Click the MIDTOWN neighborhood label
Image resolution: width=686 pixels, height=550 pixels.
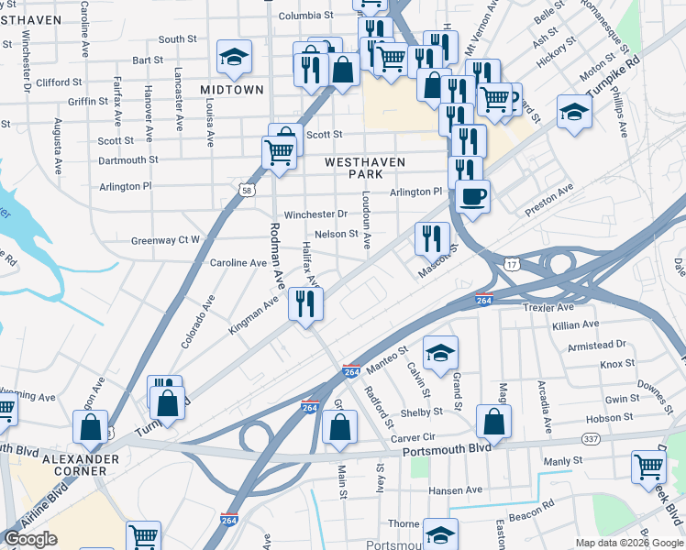tap(231, 90)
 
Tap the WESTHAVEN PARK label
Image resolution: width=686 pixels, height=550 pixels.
tap(365, 169)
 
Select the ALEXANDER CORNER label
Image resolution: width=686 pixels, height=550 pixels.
tap(82, 465)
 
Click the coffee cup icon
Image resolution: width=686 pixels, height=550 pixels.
tap(472, 196)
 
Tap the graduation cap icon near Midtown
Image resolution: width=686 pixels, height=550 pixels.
tap(234, 58)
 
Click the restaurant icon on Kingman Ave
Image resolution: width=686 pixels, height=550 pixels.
tap(305, 303)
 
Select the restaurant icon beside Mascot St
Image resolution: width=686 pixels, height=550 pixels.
tap(432, 238)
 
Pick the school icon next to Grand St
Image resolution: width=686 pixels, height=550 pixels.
tap(440, 353)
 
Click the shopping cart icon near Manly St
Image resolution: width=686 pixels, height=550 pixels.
tap(648, 467)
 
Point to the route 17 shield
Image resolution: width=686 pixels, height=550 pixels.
tap(513, 264)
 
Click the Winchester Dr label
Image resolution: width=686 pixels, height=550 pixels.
tap(315, 214)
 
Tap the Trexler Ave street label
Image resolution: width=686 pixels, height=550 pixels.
tap(548, 307)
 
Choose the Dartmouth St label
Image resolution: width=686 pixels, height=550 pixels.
tap(127, 160)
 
